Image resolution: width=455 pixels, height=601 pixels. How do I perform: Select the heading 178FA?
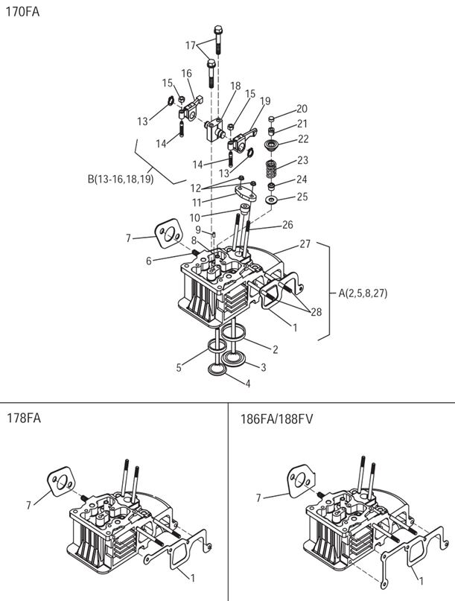(x=23, y=418)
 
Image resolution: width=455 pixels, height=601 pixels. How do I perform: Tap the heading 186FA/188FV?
(x=276, y=418)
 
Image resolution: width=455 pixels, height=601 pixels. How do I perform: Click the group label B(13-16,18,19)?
(x=120, y=179)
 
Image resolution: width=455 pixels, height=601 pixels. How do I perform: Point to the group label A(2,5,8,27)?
(x=363, y=293)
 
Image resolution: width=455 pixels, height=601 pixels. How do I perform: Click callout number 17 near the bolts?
(x=191, y=45)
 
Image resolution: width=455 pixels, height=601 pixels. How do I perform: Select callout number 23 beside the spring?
(x=302, y=160)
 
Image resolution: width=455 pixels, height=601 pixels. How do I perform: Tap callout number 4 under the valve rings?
(x=247, y=384)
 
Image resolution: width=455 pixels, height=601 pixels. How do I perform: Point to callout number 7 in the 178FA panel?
(x=28, y=505)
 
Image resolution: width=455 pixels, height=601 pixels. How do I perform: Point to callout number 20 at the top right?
(x=302, y=109)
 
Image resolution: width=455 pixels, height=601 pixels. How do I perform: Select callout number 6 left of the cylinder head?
(x=149, y=261)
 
